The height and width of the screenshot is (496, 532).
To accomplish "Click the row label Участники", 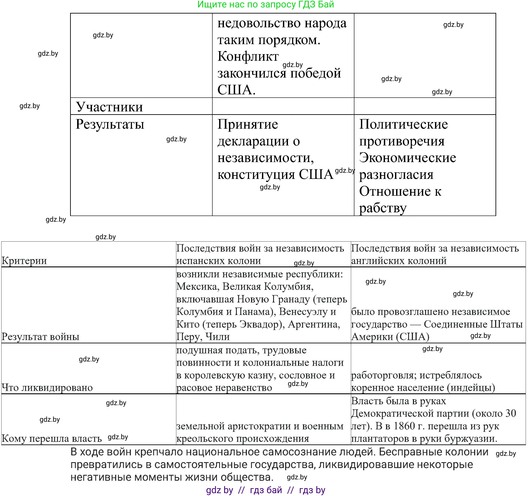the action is tap(109, 107).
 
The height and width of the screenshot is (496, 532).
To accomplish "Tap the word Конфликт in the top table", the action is tap(248, 56).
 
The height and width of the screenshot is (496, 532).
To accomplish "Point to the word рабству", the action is tap(383, 208).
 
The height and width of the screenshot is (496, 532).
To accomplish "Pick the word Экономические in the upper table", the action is tap(407, 157).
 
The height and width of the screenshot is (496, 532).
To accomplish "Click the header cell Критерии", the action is tap(24, 260).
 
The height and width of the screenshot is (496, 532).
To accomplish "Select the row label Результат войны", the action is tap(40, 336).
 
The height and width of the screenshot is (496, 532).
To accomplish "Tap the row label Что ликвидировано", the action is tap(47, 387).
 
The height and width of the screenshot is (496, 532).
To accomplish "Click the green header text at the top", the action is tap(265, 5).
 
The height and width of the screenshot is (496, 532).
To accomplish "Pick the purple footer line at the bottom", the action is tap(265, 490).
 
